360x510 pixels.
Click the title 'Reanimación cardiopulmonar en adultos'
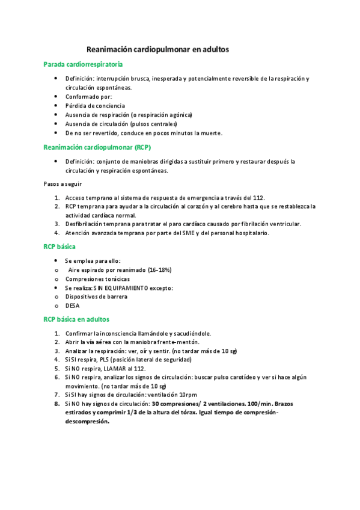[158, 49]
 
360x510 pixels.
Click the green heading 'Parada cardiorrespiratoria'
[84, 64]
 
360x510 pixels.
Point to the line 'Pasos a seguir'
[63, 183]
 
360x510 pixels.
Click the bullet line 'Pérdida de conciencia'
[94, 106]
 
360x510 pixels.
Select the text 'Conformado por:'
[88, 97]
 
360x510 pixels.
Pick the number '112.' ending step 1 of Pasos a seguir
[258, 197]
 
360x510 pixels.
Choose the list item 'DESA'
[72, 306]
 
